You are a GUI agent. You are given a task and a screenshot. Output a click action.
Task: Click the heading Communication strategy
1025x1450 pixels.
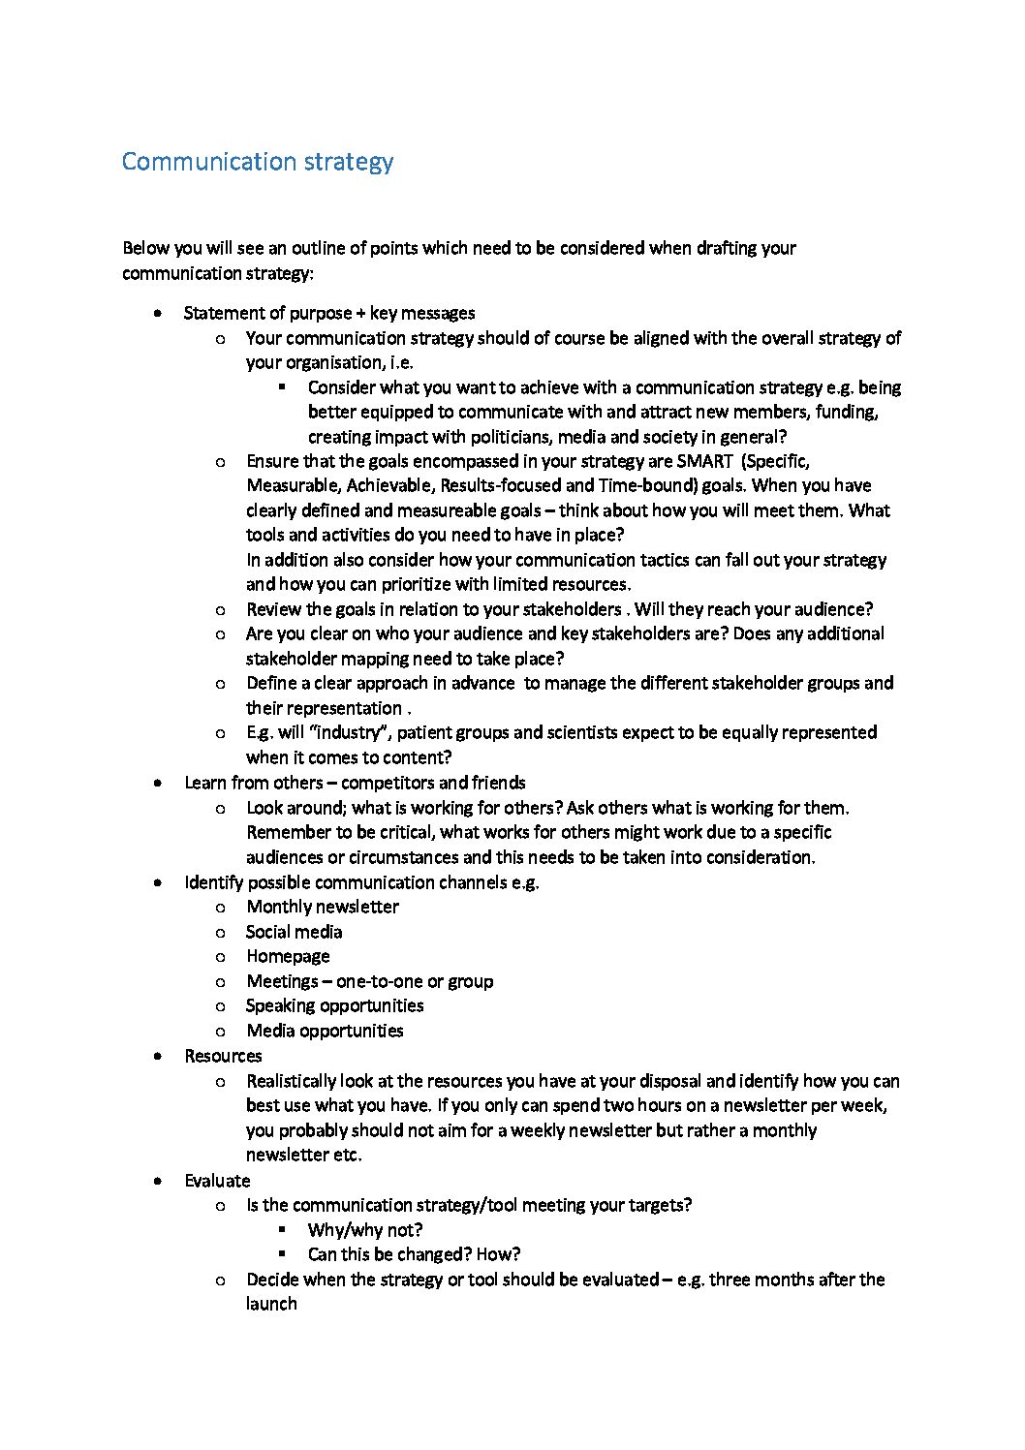click(258, 161)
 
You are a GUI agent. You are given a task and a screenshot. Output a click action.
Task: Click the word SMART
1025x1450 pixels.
click(704, 461)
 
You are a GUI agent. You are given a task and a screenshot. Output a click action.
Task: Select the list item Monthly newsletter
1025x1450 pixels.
click(322, 907)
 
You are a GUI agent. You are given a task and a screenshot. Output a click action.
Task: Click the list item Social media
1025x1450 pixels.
click(294, 932)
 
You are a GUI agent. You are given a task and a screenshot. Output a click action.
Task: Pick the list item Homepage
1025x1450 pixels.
click(288, 956)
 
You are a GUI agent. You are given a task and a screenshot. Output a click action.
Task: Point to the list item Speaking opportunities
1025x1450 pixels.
click(334, 1005)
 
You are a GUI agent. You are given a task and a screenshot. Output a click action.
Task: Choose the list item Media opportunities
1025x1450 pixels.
click(325, 1031)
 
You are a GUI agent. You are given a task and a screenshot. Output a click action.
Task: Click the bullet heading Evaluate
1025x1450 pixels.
click(217, 1181)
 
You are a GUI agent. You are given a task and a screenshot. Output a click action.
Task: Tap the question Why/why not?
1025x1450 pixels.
click(365, 1230)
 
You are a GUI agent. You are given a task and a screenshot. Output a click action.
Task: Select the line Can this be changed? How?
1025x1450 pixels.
click(414, 1254)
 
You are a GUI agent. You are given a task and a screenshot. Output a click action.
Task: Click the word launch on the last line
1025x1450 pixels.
click(271, 1304)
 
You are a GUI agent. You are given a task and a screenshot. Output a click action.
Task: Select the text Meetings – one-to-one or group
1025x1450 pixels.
click(369, 981)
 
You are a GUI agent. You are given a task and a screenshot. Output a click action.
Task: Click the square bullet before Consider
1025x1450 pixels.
click(282, 386)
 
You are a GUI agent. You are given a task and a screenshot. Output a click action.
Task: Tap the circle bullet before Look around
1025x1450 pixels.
click(221, 808)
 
